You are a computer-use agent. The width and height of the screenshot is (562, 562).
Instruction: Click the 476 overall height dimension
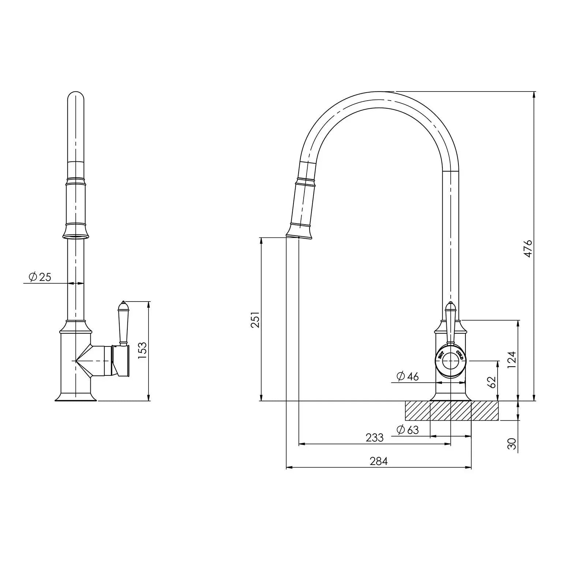coord(528,249)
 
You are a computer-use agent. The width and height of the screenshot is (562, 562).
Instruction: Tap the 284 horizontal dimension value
coord(378,461)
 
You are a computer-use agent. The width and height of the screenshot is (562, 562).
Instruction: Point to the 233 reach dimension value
coord(374,437)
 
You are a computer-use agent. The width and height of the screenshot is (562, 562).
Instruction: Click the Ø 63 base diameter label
coord(407,430)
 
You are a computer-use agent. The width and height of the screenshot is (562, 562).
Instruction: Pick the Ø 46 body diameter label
coord(407,376)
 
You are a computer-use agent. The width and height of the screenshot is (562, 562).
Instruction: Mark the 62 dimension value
coord(492,382)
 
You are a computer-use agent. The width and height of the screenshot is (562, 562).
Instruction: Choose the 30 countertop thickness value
coord(512,443)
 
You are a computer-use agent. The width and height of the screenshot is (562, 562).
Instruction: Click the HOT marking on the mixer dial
coord(441,355)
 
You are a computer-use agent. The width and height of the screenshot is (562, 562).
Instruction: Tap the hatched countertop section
coord(451,411)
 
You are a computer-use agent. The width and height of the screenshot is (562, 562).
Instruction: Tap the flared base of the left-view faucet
coord(76,397)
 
